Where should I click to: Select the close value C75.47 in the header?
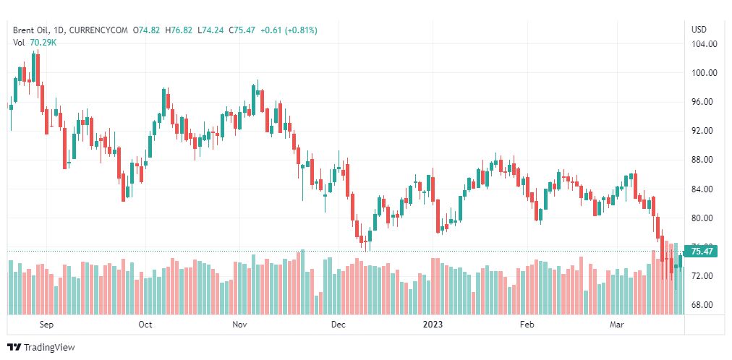(242, 30)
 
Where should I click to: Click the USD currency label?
(699, 30)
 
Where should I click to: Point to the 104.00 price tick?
(704, 44)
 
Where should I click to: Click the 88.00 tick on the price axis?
(704, 160)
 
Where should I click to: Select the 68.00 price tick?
(704, 305)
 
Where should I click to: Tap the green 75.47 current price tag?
(702, 252)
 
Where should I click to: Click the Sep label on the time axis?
(46, 325)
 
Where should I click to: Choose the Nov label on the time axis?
(241, 325)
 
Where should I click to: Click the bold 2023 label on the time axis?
(433, 325)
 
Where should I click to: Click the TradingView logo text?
(48, 348)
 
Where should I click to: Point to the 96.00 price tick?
(704, 102)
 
